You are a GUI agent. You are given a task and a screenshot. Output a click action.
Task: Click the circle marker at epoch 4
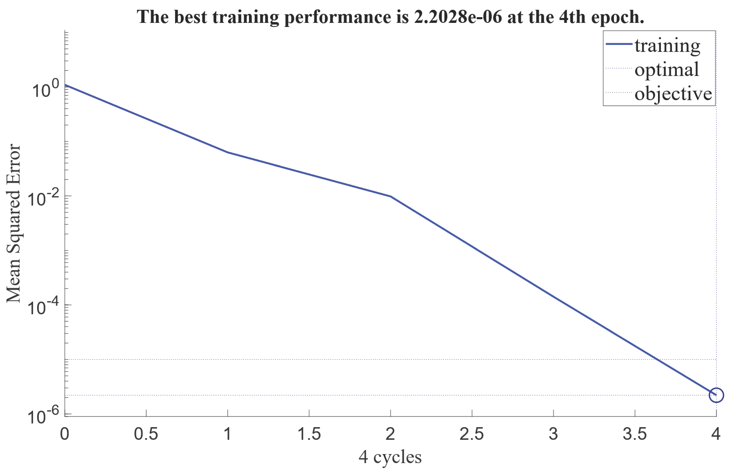coord(716,395)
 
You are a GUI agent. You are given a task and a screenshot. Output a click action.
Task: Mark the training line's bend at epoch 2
coord(390,196)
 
